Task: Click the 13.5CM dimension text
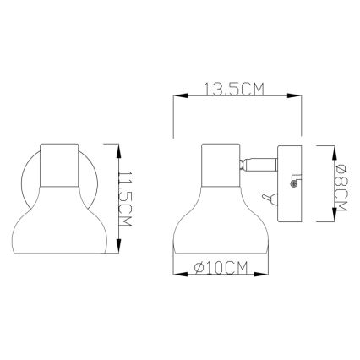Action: pos(237,88)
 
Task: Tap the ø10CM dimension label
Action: pos(220,269)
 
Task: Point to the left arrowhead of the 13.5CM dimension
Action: pos(175,98)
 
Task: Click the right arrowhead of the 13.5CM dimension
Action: pos(301,98)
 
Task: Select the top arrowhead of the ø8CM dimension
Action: pos(328,149)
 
